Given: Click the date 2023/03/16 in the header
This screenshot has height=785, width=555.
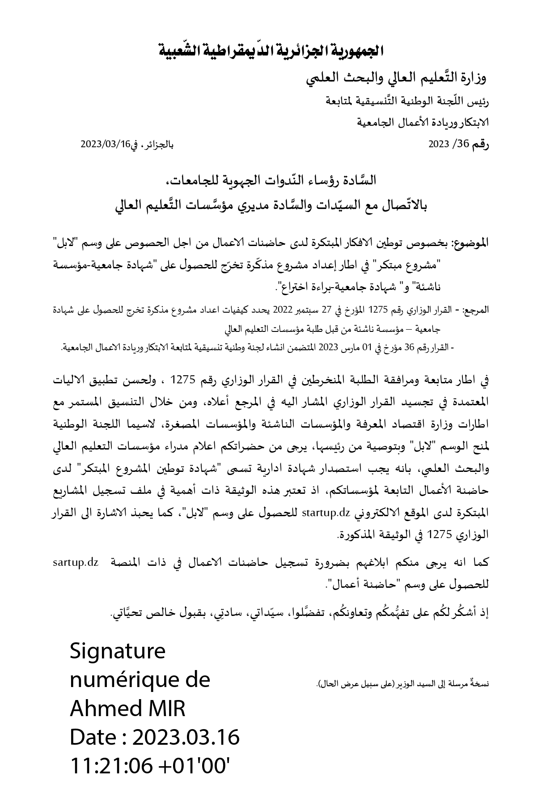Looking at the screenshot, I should (105, 144).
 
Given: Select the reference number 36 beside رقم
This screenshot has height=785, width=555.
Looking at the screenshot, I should (462, 144).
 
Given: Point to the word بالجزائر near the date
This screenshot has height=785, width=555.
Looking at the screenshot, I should (158, 144).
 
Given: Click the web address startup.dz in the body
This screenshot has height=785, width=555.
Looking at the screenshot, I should (325, 513).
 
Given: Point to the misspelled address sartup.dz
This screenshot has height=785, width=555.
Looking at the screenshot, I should (75, 562).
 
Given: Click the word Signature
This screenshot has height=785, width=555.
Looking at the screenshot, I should (118, 651).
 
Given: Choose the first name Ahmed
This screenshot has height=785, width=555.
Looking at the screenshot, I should (98, 709).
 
